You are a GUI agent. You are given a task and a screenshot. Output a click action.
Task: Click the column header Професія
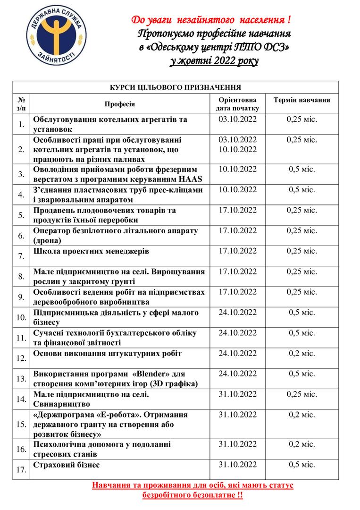pyautogui.click(x=120, y=104)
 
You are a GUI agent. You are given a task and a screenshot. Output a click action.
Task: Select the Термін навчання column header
pyautogui.click(x=301, y=100)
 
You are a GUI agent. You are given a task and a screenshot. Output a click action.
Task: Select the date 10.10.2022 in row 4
pyautogui.click(x=238, y=190)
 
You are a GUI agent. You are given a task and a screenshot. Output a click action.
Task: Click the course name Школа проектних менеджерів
pyautogui.click(x=91, y=251)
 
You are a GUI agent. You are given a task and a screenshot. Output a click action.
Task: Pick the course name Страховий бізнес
pyautogui.click(x=67, y=465)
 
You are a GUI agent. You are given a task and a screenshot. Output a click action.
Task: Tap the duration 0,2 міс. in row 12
pyautogui.click(x=301, y=353)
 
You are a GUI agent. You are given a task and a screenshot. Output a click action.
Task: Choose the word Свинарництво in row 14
pyautogui.click(x=62, y=404)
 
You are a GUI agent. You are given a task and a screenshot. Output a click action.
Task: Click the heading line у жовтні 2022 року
pyautogui.click(x=214, y=61)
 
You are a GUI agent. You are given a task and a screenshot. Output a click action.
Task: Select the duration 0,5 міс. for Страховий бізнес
pyautogui.click(x=301, y=465)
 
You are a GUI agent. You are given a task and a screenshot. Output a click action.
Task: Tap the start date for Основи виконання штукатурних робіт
pyautogui.click(x=238, y=353)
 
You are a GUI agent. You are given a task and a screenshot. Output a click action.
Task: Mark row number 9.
pyautogui.click(x=21, y=297)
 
